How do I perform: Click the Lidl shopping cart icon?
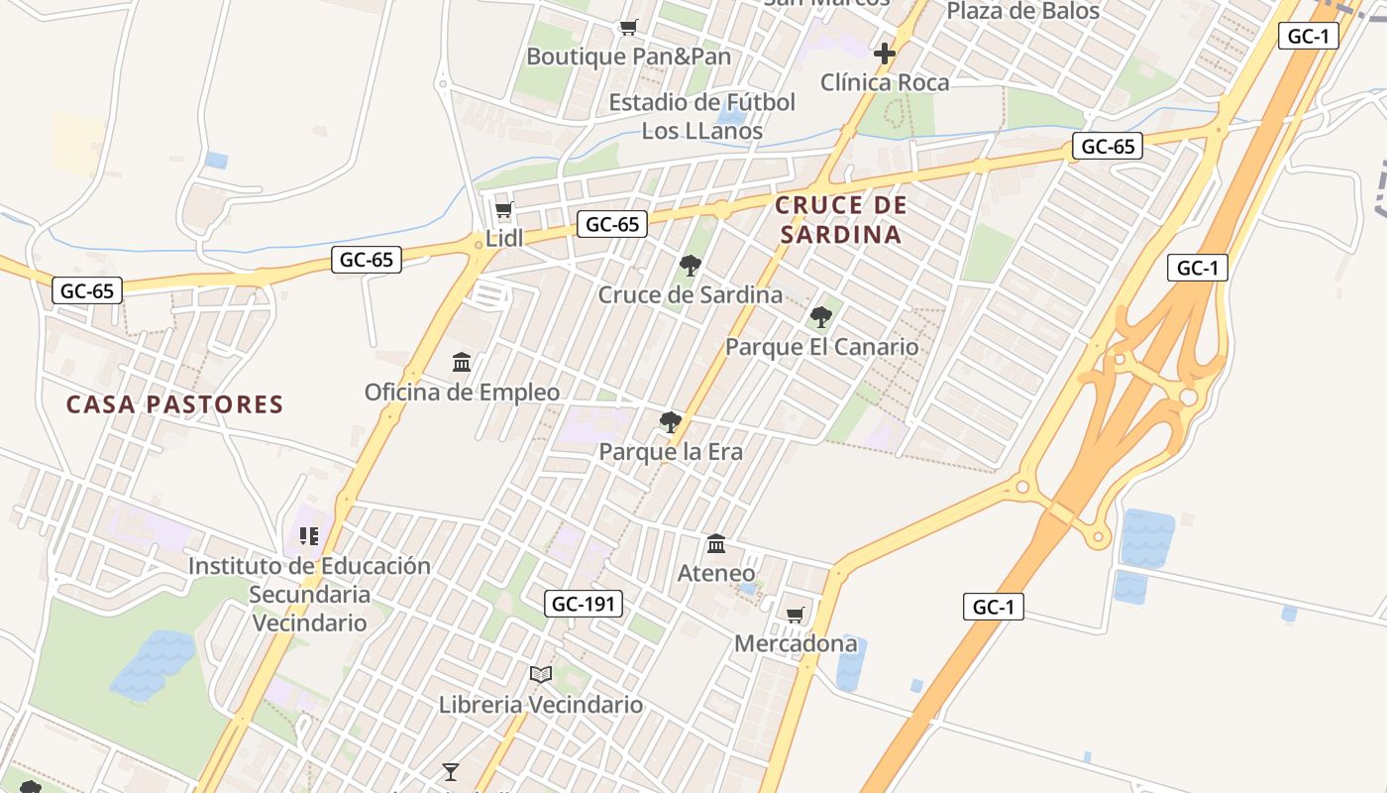503,210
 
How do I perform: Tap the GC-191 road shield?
584,603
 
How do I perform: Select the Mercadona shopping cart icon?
795,616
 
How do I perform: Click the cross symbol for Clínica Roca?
885,54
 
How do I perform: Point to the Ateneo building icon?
716,544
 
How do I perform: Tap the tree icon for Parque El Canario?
820,317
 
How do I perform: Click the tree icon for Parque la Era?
671,422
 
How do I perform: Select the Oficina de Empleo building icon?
462,363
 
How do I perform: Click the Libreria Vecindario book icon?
540,675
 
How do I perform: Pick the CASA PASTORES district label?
175,404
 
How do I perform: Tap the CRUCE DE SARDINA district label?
840,220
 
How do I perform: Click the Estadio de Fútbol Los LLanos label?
701,117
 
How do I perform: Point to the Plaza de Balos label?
1022,12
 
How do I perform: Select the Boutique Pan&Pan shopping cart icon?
628,28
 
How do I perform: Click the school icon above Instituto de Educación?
308,536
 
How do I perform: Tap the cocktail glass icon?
451,771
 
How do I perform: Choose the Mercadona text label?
796,644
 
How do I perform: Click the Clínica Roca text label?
885,82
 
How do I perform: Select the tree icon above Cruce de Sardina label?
690,265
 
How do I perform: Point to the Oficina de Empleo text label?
462,393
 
